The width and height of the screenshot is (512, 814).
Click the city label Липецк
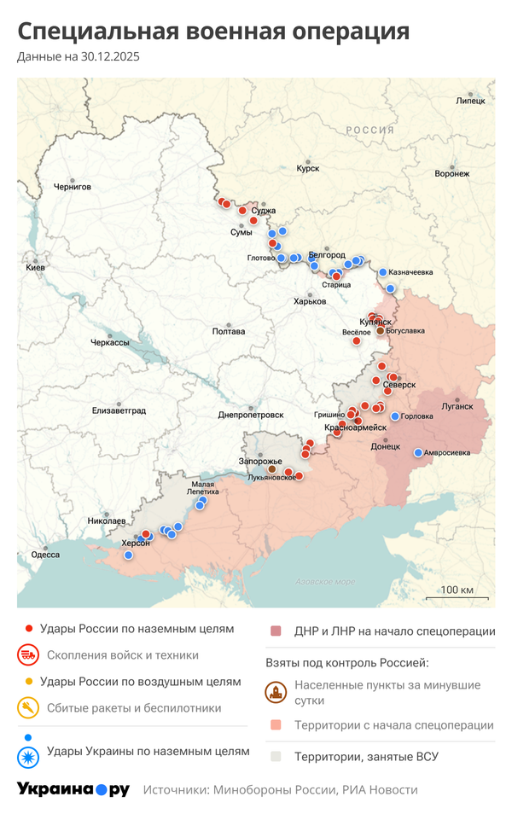[x=471, y=101]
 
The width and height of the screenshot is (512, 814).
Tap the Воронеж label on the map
[x=451, y=174]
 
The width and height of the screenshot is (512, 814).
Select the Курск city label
[x=307, y=169]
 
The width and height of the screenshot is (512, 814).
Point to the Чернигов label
[x=72, y=187]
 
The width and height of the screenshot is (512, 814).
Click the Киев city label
[x=36, y=267]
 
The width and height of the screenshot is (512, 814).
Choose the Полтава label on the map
[x=229, y=331]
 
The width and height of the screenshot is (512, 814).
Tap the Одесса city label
[x=45, y=555]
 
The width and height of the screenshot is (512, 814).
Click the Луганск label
[x=457, y=406]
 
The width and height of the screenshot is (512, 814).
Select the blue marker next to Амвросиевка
[x=418, y=452]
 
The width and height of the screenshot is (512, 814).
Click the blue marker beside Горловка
[x=395, y=416]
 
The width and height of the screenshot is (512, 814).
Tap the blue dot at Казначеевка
[x=383, y=272]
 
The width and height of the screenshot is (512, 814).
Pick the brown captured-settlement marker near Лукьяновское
[x=272, y=468]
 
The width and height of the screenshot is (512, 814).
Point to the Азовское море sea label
[x=324, y=582]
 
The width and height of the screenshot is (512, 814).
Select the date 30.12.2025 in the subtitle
[x=108, y=57]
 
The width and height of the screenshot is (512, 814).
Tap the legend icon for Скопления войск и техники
[x=28, y=655]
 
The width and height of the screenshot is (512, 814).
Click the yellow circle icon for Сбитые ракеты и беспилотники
[x=28, y=707]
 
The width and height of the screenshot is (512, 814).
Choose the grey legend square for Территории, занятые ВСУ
[x=276, y=756]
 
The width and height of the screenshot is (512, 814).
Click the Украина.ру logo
[x=73, y=789]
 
